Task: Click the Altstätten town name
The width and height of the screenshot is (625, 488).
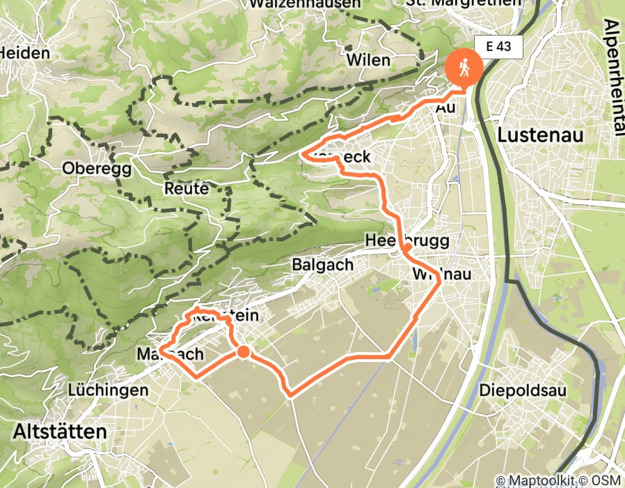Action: tap(60, 432)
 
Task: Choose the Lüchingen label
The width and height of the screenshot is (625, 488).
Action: tap(108, 390)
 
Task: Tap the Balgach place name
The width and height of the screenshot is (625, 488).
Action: tap(323, 265)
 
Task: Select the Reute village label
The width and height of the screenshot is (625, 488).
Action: tap(187, 189)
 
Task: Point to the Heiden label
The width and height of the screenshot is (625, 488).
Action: tap(25, 53)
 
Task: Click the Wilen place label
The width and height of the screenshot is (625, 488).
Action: tap(369, 60)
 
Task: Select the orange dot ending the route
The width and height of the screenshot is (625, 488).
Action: tap(243, 352)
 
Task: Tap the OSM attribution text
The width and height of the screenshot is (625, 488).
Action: tap(602, 480)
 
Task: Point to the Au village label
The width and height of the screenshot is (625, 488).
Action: tap(445, 109)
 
